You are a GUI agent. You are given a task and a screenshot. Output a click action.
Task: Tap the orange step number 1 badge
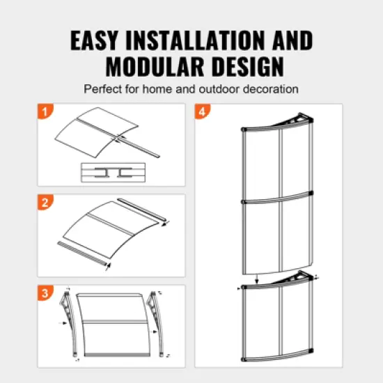click(x=45, y=111)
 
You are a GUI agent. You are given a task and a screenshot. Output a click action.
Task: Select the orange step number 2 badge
click(x=45, y=203)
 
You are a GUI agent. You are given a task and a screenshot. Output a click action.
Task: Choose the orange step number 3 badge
click(x=45, y=292)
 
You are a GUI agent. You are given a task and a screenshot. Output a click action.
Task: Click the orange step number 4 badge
click(x=203, y=111)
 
